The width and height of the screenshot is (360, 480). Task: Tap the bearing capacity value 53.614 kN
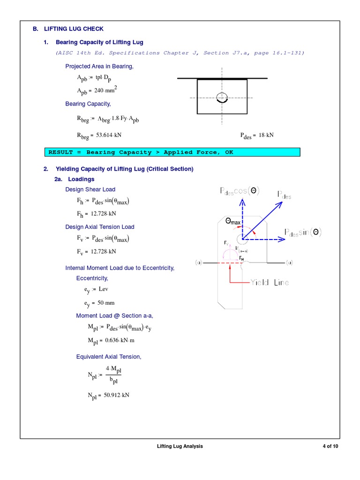tap(107, 135)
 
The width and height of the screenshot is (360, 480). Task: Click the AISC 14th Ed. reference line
tap(180, 53)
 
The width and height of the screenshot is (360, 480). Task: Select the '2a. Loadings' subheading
tap(75, 179)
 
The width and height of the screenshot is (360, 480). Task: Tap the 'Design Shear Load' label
tap(90, 189)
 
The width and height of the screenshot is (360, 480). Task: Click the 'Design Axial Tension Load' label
tap(99, 227)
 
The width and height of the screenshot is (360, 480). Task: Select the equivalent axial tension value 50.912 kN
tap(112, 395)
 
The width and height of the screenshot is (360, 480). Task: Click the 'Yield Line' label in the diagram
tap(269, 282)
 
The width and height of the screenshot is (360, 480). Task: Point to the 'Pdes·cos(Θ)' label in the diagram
tap(240, 191)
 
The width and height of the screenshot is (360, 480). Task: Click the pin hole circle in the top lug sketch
tap(222, 97)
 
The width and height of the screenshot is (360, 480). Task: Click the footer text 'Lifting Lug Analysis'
tap(180, 446)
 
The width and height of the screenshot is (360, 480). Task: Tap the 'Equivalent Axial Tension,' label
tap(109, 357)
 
